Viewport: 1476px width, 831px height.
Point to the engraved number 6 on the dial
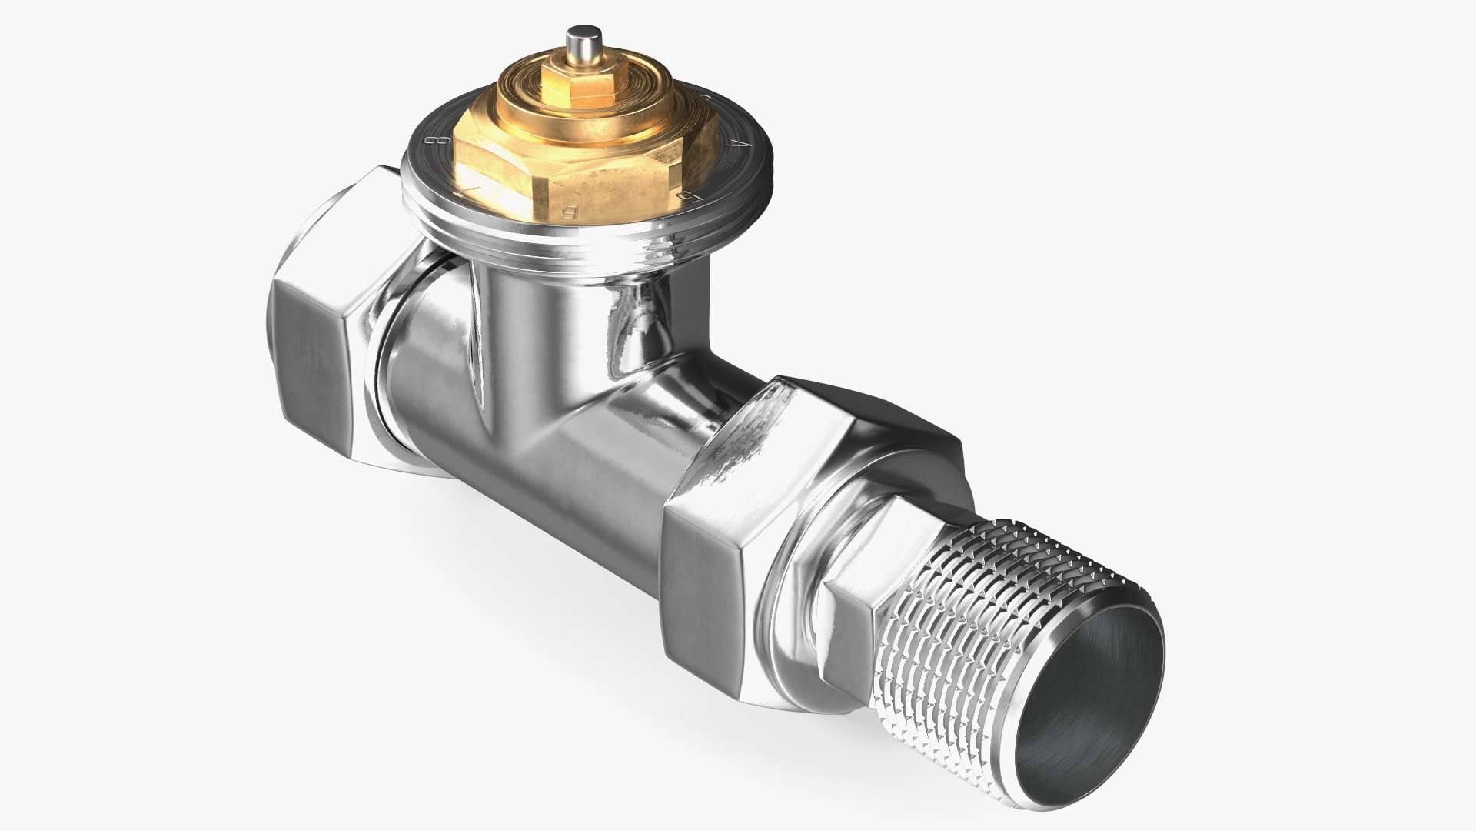pos(570,213)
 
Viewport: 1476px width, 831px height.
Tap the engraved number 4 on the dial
pos(736,145)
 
